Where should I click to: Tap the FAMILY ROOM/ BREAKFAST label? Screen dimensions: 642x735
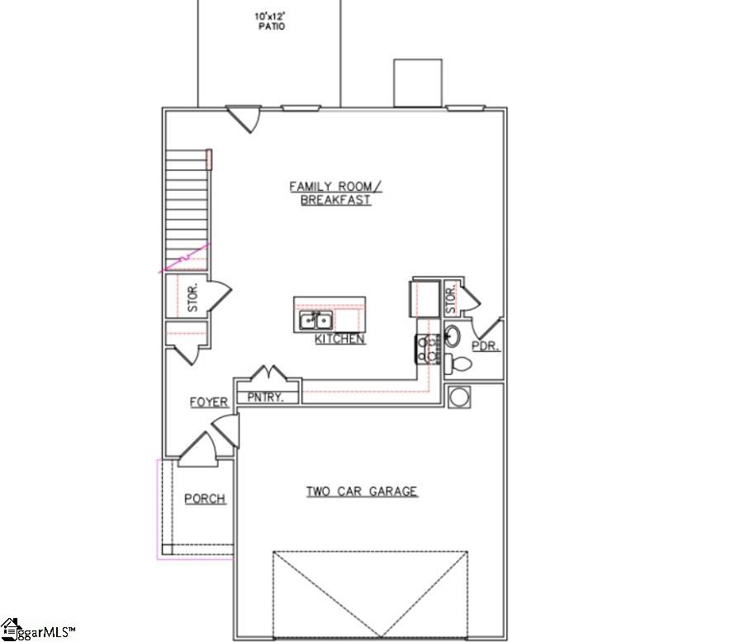(x=335, y=193)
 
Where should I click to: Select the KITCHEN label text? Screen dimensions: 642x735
(x=339, y=339)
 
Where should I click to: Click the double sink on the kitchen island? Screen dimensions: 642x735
(x=315, y=320)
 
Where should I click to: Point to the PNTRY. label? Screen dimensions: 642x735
(x=266, y=397)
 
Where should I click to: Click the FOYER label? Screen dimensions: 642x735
(x=209, y=402)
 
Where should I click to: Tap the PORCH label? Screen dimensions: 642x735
(x=204, y=498)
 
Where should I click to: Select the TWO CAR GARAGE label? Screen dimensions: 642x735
(x=362, y=492)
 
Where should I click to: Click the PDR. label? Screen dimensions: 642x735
(x=485, y=346)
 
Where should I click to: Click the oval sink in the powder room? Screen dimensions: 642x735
(x=453, y=335)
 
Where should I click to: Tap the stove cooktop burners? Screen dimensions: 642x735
(x=427, y=349)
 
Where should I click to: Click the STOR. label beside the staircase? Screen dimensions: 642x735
(x=193, y=297)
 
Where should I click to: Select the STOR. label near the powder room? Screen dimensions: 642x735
(x=451, y=298)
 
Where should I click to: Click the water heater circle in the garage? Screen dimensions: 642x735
(x=458, y=397)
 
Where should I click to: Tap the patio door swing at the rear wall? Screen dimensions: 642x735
(x=245, y=118)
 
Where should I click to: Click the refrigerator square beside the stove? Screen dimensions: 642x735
(x=426, y=298)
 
